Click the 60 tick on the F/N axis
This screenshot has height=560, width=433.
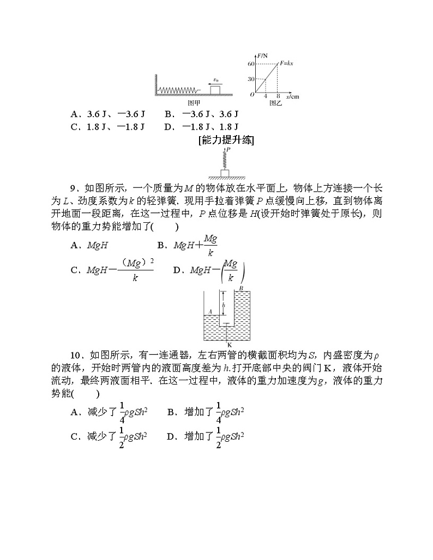click(251, 64)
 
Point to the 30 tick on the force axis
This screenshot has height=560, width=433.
click(251, 79)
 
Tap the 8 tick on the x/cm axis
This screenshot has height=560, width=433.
click(278, 97)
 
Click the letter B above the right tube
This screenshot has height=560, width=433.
click(240, 288)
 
